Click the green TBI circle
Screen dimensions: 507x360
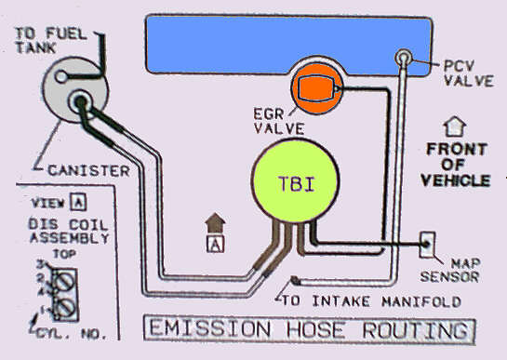295,180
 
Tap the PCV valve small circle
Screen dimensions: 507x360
404,58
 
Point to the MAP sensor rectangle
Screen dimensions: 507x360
427,245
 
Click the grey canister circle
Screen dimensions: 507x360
75,89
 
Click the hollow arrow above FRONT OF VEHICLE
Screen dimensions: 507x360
455,127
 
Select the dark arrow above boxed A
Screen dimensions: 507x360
215,223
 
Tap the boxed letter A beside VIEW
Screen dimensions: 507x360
78,202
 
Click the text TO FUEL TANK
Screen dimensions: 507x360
51,41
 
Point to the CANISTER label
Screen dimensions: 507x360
88,170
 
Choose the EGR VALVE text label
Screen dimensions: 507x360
279,121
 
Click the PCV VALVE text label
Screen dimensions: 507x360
469,73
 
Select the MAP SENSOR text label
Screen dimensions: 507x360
449,271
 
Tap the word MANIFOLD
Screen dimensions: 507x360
421,301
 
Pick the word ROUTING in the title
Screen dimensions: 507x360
416,330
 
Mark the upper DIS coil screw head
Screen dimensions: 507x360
64,282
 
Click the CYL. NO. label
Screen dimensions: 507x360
72,334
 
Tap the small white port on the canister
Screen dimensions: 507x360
60,77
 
